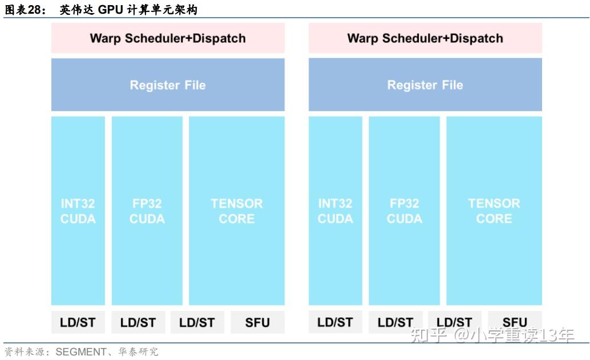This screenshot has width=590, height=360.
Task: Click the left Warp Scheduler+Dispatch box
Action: coord(168,38)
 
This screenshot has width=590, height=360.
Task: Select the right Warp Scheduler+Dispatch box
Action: coord(425,38)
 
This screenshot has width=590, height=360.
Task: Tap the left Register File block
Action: coord(168,85)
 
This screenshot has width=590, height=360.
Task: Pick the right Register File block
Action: coord(425,85)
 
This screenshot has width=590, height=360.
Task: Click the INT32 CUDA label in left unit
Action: coord(78,211)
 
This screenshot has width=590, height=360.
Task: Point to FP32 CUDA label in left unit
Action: coord(147,211)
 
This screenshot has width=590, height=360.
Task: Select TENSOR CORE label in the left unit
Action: coord(237,211)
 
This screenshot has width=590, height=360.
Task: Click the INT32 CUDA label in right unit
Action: coord(336,211)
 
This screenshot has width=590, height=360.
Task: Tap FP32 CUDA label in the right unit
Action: coord(405,211)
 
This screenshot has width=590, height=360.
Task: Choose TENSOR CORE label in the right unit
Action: coord(494,211)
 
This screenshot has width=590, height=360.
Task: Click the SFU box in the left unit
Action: coord(257,322)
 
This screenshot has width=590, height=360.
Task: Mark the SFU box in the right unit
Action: coord(515,322)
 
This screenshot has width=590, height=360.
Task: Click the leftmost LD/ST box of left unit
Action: coord(78,322)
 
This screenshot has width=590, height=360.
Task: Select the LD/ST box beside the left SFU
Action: coord(197,322)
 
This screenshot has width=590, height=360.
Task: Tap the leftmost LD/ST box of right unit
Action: coord(336,322)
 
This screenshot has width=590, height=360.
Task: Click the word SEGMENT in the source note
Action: coord(80,352)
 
